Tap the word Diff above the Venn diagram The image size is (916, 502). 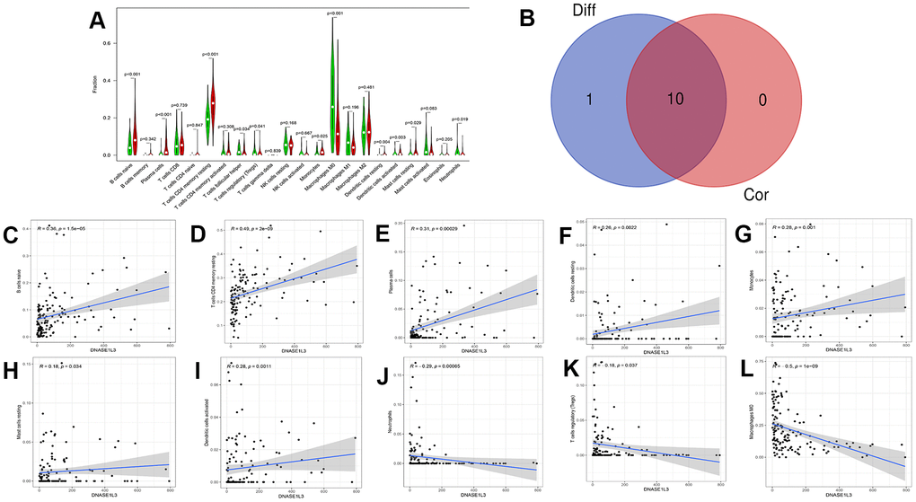593,13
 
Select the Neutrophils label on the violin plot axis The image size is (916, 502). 459,172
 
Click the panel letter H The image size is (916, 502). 13,373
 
